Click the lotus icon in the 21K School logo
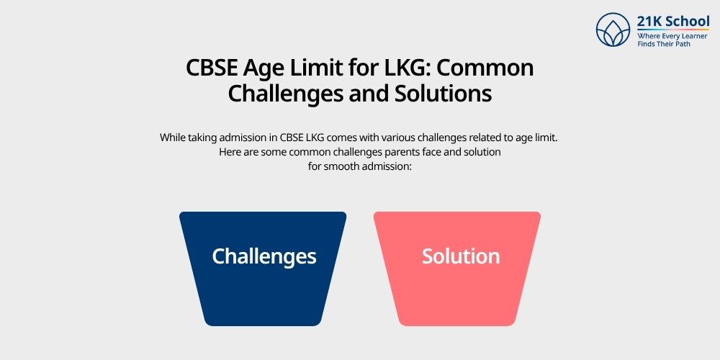click(613, 30)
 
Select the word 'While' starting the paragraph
click(173, 138)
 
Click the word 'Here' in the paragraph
click(229, 153)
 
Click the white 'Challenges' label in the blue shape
click(264, 256)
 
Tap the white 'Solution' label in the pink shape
click(461, 256)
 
